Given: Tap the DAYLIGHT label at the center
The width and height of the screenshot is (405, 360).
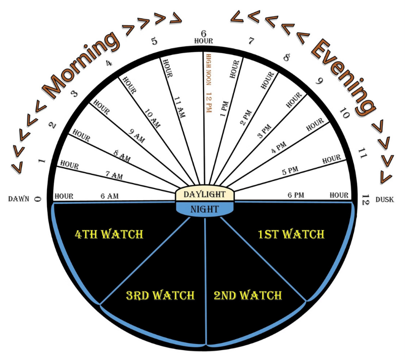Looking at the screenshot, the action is point(205,194).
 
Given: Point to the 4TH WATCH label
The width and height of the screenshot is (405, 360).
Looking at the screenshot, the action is point(109,234).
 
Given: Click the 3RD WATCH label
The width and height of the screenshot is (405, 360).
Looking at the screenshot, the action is point(160,296).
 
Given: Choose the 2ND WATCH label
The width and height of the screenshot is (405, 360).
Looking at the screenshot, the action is point(248,296).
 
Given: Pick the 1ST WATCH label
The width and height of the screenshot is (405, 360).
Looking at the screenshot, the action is point(291,234).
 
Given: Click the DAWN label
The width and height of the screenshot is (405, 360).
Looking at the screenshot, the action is point(19,199).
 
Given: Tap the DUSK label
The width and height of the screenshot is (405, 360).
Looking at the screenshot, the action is point(385,200).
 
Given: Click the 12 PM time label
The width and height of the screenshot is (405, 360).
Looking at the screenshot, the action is point(207,102).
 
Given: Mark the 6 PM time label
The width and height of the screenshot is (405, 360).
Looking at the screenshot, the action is point(296,195).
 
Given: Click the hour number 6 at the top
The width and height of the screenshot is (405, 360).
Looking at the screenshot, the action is point(204,33).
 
